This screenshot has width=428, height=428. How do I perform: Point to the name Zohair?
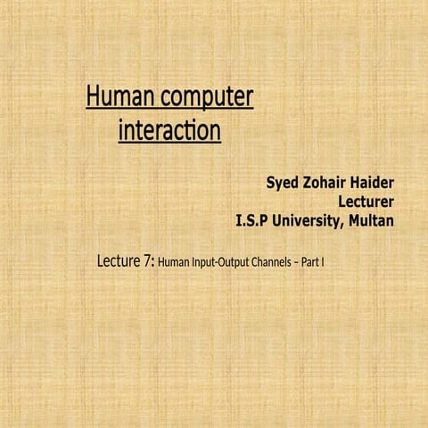point(327,184)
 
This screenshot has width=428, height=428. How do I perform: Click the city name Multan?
point(370,220)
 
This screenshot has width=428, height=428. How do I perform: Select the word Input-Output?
point(226,264)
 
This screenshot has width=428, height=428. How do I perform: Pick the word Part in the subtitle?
point(321,264)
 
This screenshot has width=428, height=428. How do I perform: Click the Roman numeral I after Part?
point(334,264)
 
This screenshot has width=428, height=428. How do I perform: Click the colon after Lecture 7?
point(152,264)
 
